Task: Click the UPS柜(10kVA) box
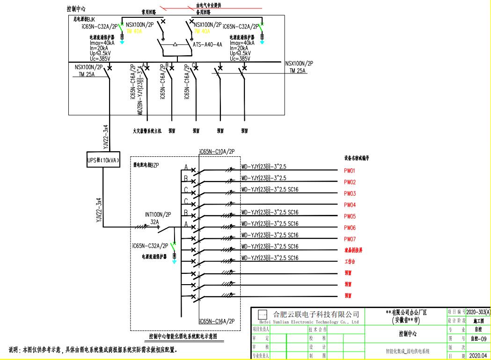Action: (103, 160)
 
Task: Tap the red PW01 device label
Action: (350, 171)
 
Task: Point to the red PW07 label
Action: (350, 239)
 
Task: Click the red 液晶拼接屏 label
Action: (353, 250)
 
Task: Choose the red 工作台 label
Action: (350, 262)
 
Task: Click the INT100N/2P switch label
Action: (158, 214)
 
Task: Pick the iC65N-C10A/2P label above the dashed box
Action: (217, 151)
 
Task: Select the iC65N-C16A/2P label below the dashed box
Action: (217, 321)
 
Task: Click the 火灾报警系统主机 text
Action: (147, 132)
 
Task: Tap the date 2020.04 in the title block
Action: (478, 356)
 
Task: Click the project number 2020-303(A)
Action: (478, 312)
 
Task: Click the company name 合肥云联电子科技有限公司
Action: (316, 314)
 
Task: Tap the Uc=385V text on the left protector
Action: (100, 59)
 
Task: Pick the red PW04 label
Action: (350, 205)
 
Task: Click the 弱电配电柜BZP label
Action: (147, 165)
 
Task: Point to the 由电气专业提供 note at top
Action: (209, 6)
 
